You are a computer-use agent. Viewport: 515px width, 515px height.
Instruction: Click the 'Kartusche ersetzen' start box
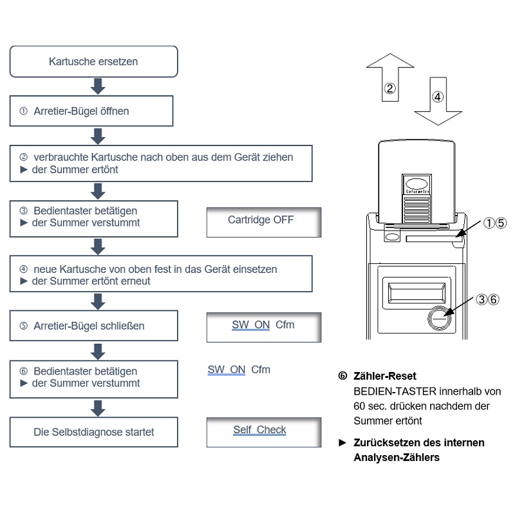tap(93, 62)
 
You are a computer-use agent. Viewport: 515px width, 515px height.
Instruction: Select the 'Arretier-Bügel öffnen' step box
tap(93, 111)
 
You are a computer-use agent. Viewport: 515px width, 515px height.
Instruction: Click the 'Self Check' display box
tap(263, 432)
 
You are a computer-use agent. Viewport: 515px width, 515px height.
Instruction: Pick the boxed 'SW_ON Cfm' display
tap(263, 327)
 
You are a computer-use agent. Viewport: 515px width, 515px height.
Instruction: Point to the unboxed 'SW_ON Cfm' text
tap(239, 370)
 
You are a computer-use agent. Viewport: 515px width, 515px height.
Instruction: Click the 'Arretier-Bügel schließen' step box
tap(93, 326)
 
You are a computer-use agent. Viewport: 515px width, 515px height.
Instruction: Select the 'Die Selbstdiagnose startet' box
tap(93, 432)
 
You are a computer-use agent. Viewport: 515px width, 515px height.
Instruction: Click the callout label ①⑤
tap(496, 223)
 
